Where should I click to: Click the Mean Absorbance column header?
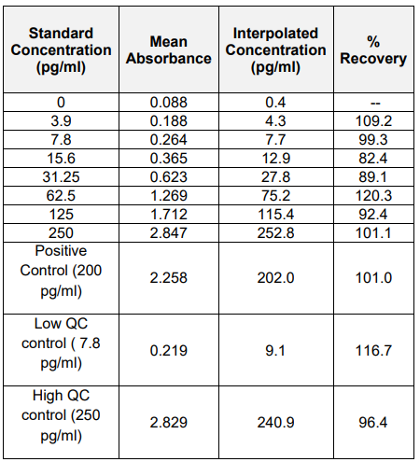pyautogui.click(x=169, y=50)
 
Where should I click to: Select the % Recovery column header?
pyautogui.click(x=373, y=50)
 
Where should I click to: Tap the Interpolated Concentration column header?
pyautogui.click(x=276, y=50)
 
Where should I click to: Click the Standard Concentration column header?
pyautogui.click(x=61, y=50)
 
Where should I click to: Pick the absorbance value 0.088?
pyautogui.click(x=169, y=103)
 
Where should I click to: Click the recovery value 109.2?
pyautogui.click(x=373, y=121)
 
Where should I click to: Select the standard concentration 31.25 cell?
pyautogui.click(x=61, y=177)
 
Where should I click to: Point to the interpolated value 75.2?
pyautogui.click(x=275, y=196)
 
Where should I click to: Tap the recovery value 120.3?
pyautogui.click(x=373, y=196)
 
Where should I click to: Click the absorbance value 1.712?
pyautogui.click(x=169, y=215)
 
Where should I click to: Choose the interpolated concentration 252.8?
pyautogui.click(x=275, y=233)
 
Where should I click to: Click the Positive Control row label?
pyautogui.click(x=61, y=272)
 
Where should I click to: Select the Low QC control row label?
pyautogui.click(x=61, y=343)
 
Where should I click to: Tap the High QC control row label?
pyautogui.click(x=61, y=415)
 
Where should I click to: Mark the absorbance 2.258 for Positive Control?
pyautogui.click(x=169, y=278)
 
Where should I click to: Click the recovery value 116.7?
pyautogui.click(x=373, y=351)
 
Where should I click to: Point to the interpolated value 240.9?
pyautogui.click(x=275, y=423)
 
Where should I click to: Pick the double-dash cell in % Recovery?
pyautogui.click(x=375, y=103)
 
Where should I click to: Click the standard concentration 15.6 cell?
pyautogui.click(x=61, y=159)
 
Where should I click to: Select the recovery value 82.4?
pyautogui.click(x=373, y=159)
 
